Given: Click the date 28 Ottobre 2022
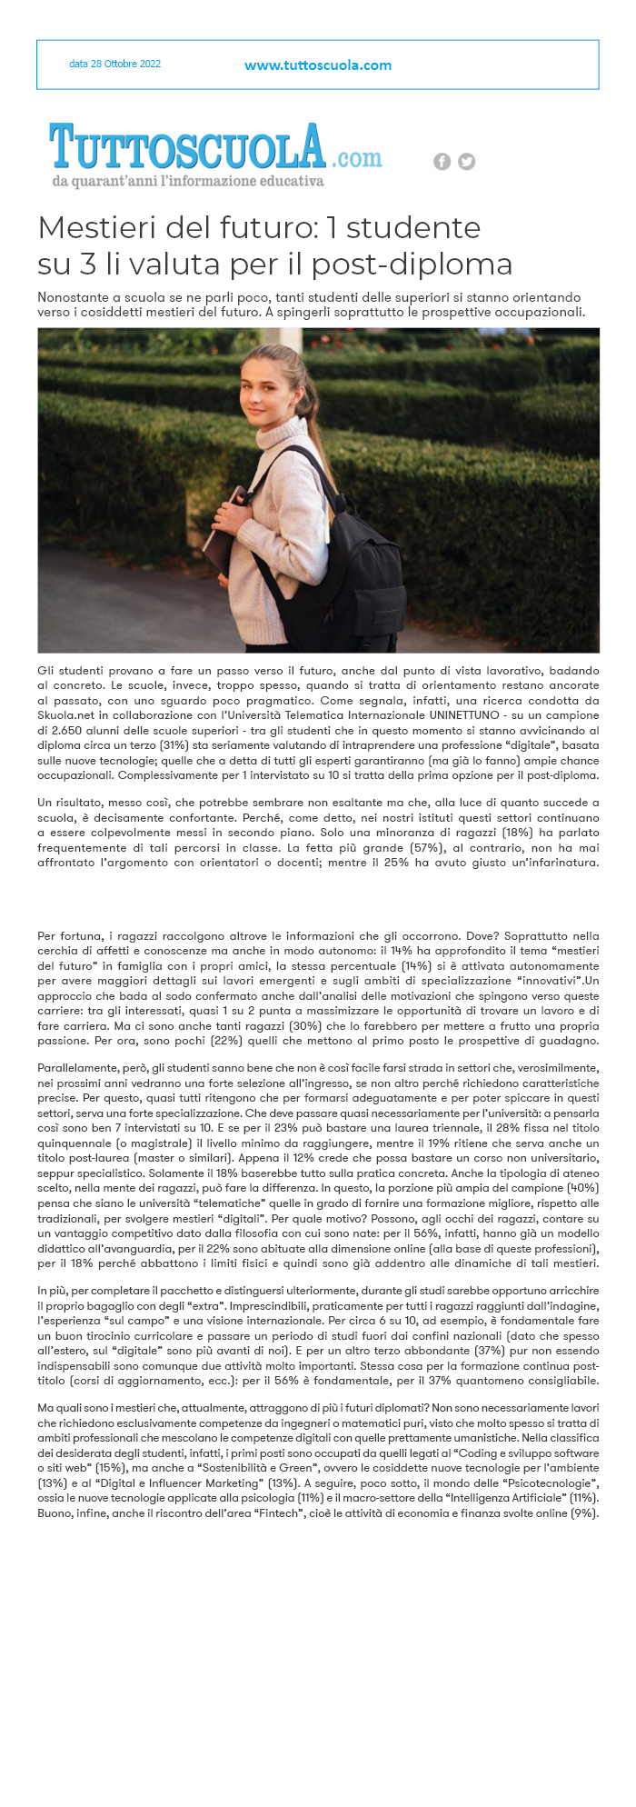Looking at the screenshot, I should click(x=114, y=65).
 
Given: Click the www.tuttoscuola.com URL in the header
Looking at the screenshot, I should click(x=318, y=65).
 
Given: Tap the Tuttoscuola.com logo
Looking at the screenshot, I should click(x=216, y=147).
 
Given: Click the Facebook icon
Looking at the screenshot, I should click(x=442, y=162).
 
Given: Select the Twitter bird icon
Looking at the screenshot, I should click(x=466, y=162).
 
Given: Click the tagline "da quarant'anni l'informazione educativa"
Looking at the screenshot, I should click(x=188, y=182).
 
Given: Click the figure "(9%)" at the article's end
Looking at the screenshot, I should click(x=582, y=1513).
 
